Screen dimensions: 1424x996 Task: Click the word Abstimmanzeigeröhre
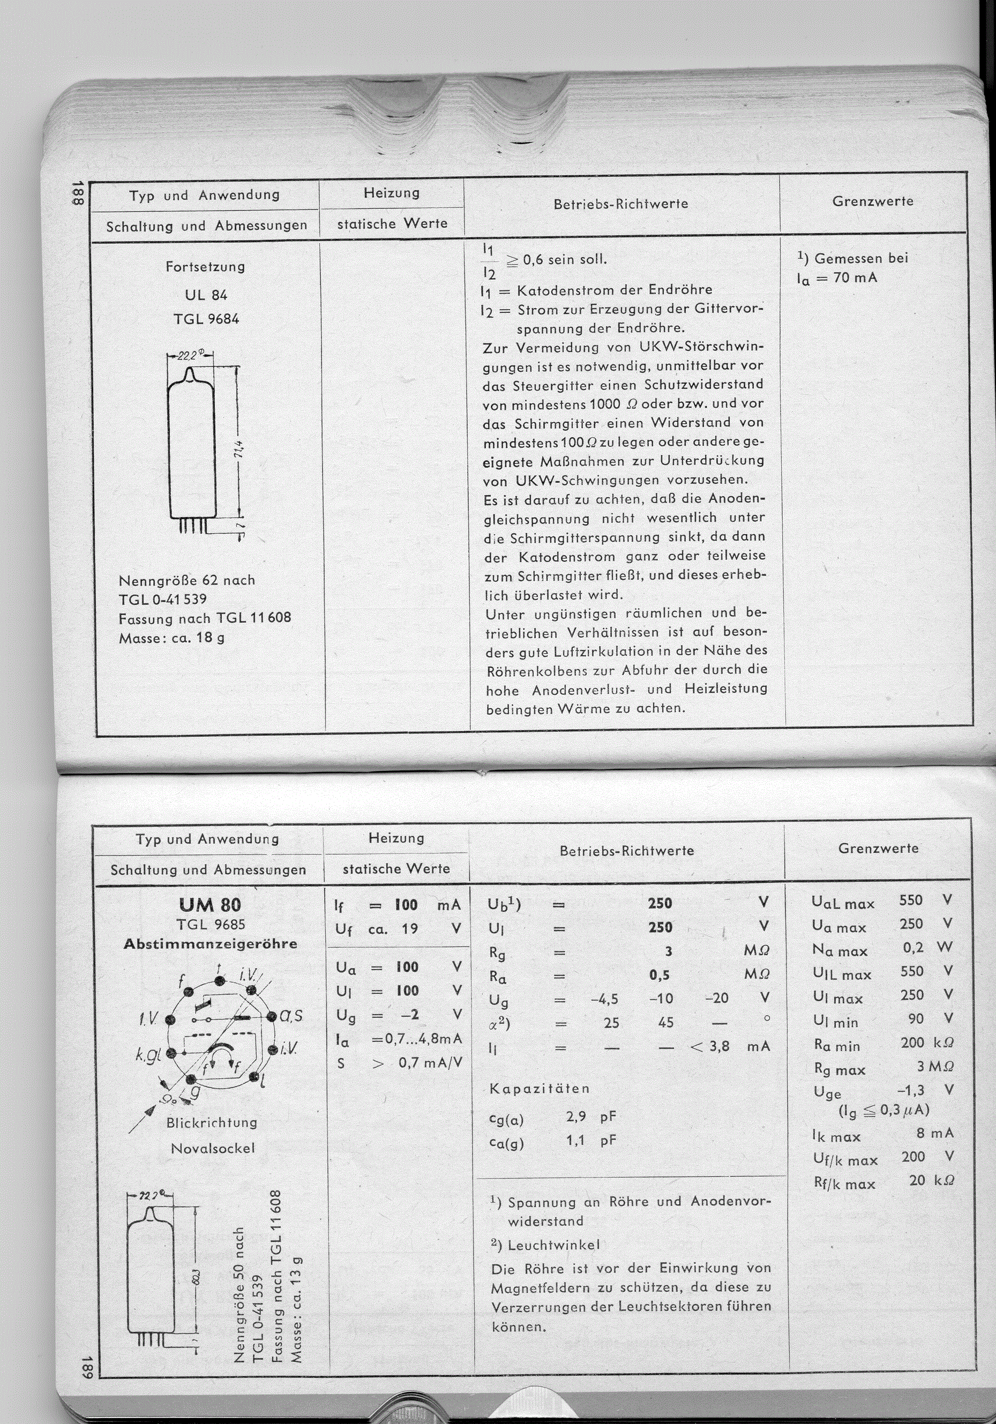point(210,944)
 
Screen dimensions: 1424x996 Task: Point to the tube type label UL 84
point(206,295)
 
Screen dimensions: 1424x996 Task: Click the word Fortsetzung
point(205,267)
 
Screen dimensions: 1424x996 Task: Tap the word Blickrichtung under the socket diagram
point(212,1122)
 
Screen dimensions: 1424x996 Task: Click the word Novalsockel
point(213,1148)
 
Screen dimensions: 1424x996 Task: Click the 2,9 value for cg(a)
point(576,1116)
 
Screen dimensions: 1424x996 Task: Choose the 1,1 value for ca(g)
point(576,1140)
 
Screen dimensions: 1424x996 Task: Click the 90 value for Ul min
point(916,1018)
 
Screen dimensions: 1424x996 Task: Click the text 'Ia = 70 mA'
point(837,278)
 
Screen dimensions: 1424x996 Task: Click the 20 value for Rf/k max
point(917,1180)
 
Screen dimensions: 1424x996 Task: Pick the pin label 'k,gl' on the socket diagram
point(149,1054)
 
